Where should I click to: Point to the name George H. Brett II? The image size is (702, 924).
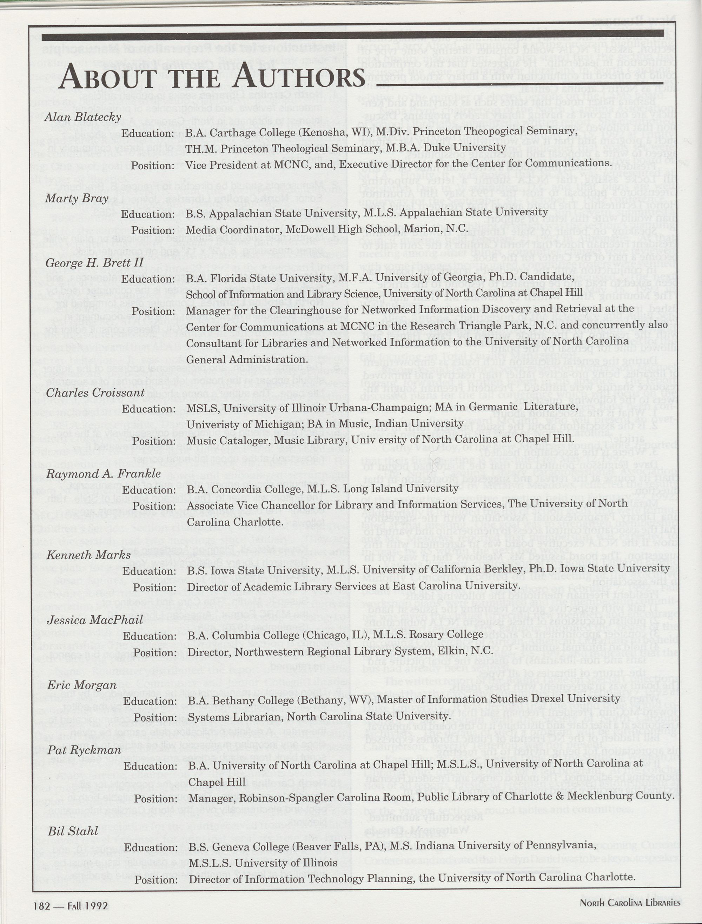[94, 263]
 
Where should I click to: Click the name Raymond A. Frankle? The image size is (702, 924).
[103, 474]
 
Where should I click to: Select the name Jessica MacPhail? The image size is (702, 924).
[95, 620]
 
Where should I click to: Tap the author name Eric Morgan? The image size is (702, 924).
[81, 685]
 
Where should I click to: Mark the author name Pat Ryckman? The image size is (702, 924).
[84, 750]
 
